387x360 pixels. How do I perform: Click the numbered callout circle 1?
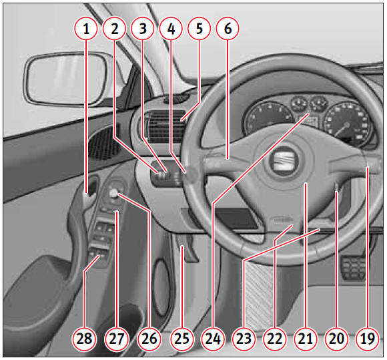click(86, 29)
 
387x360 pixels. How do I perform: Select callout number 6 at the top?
click(228, 29)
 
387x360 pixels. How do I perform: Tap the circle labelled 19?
click(368, 339)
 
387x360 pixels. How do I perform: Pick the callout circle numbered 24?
click(213, 339)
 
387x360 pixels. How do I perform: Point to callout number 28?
click(84, 339)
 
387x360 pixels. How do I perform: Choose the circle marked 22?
click(274, 339)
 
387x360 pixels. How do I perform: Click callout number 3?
click(143, 29)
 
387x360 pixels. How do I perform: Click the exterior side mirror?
click(67, 79)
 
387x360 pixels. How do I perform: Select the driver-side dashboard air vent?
click(165, 127)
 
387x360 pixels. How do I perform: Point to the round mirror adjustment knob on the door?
click(114, 193)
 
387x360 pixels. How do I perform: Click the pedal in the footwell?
click(354, 268)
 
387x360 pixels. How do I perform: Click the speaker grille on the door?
click(103, 144)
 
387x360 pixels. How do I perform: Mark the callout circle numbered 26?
click(149, 339)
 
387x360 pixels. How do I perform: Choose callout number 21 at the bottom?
click(306, 339)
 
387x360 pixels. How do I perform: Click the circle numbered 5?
click(200, 29)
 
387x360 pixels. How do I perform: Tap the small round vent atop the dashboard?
click(175, 99)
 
